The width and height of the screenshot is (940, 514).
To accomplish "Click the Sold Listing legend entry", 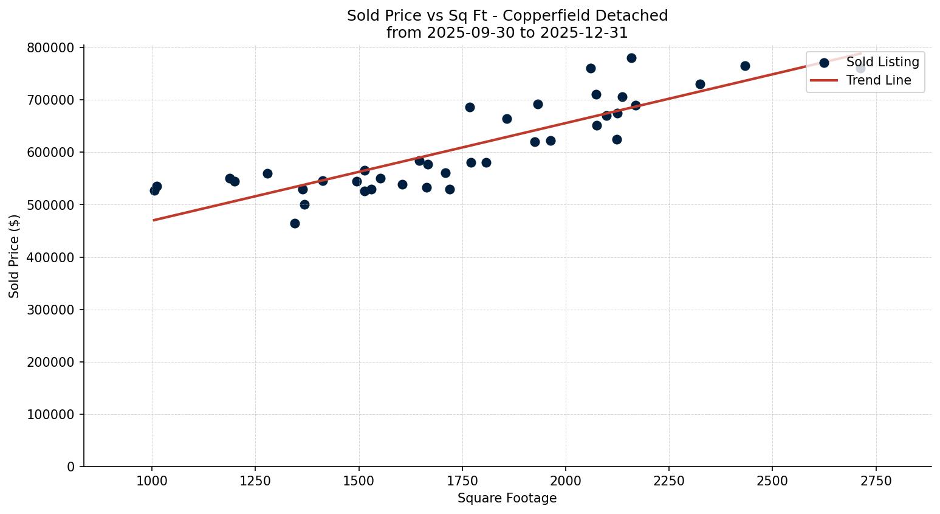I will point(882,62).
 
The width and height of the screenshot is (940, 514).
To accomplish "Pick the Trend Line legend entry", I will point(878,80).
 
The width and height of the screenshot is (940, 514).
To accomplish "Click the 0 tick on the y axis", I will point(70,467).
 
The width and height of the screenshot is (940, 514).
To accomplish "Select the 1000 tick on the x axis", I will point(151,481).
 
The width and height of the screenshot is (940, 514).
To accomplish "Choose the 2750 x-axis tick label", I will point(876,481).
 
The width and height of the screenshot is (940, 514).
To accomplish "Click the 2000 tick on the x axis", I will point(565,481).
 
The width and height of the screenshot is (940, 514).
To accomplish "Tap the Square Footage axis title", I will point(507,499).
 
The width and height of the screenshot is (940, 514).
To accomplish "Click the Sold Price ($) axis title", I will point(15,256).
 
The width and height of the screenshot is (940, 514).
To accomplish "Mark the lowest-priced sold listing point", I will point(295,223).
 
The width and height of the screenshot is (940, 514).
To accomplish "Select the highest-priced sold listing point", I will point(631,58).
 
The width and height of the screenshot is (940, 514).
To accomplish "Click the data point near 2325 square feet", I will point(700,84).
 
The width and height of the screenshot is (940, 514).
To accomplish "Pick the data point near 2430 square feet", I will point(745,66).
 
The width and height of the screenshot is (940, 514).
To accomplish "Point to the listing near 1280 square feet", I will point(267,173).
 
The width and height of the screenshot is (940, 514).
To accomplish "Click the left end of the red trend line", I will point(154,220).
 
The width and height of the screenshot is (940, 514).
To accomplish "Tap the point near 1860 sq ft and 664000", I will point(507,119).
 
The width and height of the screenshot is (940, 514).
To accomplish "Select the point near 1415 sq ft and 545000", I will point(323,181).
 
